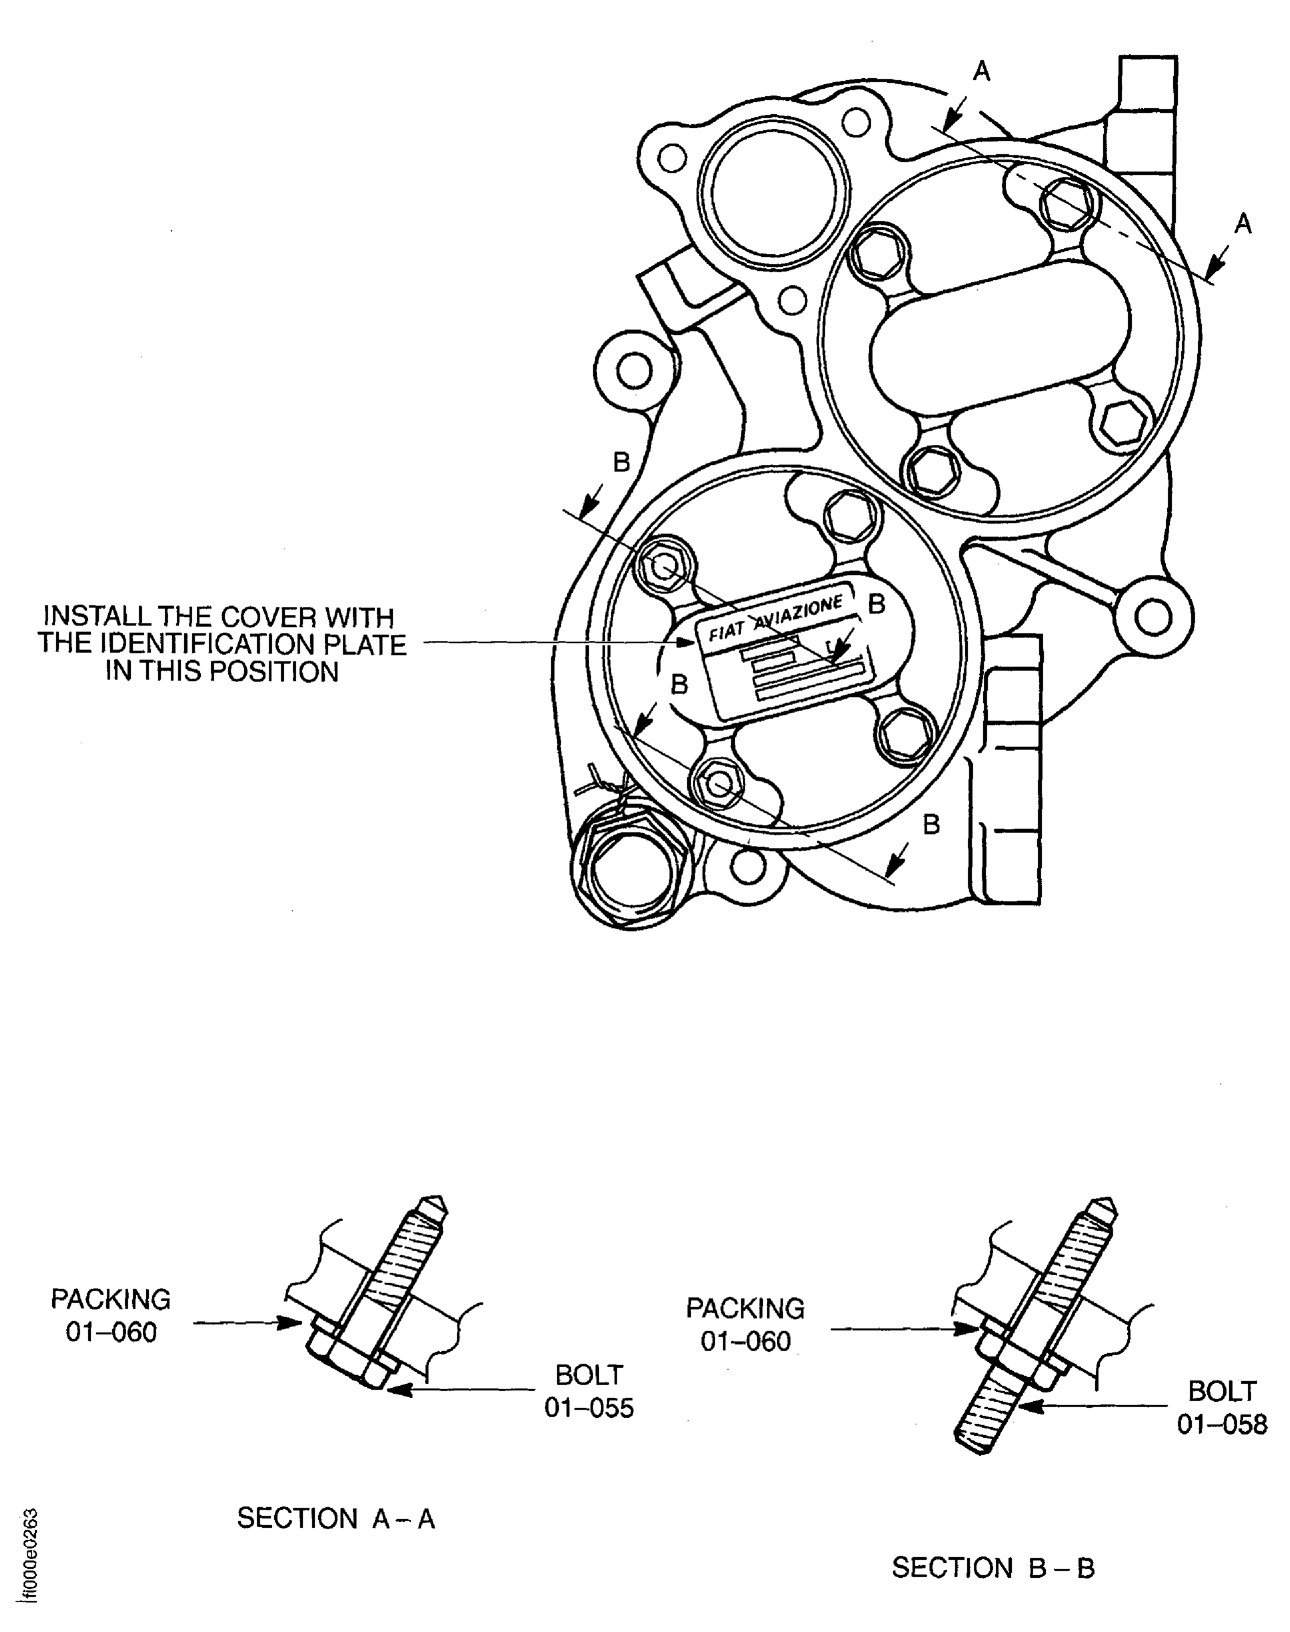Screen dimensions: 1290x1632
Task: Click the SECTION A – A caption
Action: click(336, 1518)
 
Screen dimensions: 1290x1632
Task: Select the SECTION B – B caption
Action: click(992, 1568)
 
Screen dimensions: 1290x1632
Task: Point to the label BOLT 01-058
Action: click(1222, 1407)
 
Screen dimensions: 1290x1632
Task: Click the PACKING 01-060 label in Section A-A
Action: click(111, 1315)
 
